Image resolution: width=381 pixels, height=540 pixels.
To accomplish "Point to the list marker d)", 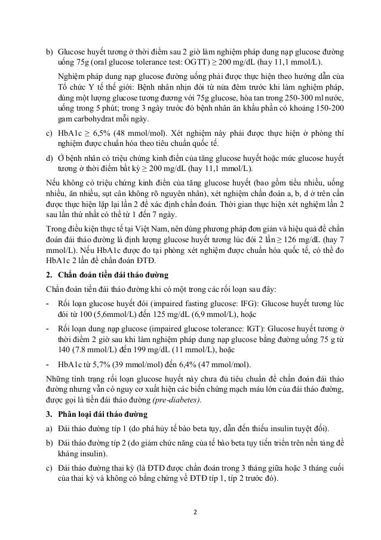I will (x=50, y=159).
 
